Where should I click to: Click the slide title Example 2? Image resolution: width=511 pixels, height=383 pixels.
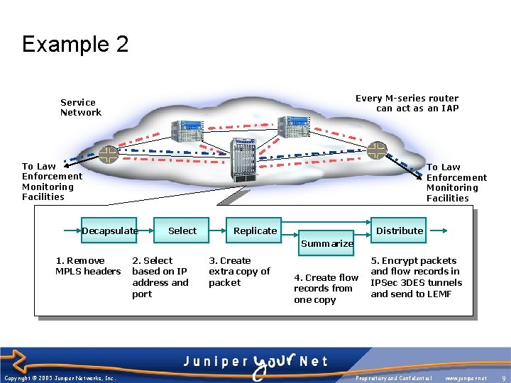(x=75, y=45)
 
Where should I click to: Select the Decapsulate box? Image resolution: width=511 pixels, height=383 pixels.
(x=109, y=231)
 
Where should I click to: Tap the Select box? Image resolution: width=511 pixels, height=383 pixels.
(x=182, y=231)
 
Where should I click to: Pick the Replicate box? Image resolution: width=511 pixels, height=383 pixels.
(x=255, y=231)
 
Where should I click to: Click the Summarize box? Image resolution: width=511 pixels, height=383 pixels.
(x=327, y=243)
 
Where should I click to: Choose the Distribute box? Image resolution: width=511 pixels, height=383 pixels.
(x=400, y=231)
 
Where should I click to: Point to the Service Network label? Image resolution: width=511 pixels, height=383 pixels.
(x=80, y=107)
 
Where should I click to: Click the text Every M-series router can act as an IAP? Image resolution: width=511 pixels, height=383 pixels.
(x=407, y=104)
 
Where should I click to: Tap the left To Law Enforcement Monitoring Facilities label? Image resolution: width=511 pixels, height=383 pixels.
(x=52, y=182)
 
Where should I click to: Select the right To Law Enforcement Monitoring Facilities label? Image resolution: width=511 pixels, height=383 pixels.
(x=456, y=183)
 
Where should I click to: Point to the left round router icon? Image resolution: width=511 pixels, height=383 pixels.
(x=108, y=154)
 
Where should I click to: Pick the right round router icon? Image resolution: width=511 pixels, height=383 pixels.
(x=377, y=150)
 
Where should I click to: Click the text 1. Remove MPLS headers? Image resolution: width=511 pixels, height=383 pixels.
(x=87, y=266)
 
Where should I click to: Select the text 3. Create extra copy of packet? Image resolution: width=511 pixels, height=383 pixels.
(x=239, y=272)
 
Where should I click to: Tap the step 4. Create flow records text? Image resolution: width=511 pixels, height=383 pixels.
(x=326, y=288)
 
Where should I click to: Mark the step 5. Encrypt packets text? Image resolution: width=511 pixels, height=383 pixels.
(x=416, y=277)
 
